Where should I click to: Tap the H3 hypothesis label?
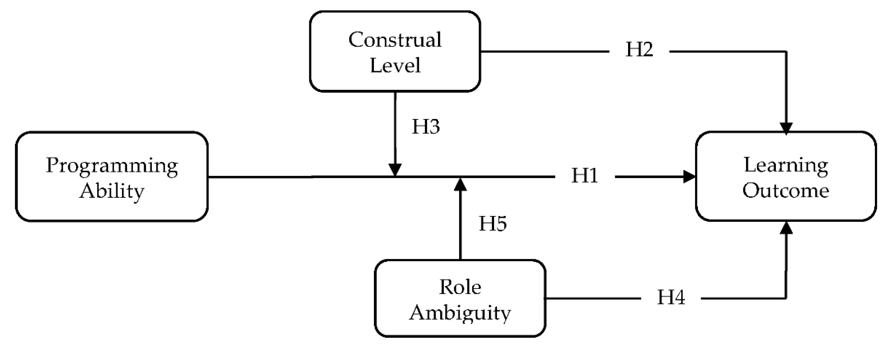[x=426, y=127]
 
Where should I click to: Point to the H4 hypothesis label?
[x=671, y=298]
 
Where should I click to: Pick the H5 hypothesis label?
[x=493, y=223]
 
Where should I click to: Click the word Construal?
[x=395, y=40]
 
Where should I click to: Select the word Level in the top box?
[x=395, y=65]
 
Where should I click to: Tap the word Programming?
[x=112, y=166]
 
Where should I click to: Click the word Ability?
[x=112, y=191]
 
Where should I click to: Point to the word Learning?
[x=786, y=165]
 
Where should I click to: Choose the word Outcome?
[x=786, y=191]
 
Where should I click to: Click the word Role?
[x=460, y=287]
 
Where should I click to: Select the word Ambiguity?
[x=460, y=313]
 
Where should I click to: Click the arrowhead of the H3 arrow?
[x=395, y=170]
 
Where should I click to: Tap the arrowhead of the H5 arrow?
[x=460, y=185]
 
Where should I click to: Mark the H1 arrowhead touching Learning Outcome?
[x=689, y=177]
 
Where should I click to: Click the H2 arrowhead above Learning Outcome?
[x=786, y=128]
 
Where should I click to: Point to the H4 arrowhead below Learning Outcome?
[x=786, y=228]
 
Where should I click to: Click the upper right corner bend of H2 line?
[x=786, y=52]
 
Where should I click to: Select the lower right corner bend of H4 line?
[x=786, y=298]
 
